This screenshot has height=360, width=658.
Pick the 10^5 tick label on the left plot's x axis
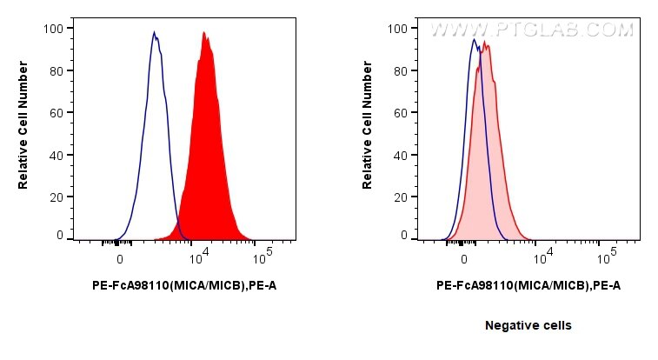pyautogui.click(x=263, y=257)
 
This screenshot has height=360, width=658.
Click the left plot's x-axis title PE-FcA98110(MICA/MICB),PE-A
pyautogui.click(x=184, y=284)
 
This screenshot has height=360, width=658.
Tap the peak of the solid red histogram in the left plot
pyautogui.click(x=203, y=33)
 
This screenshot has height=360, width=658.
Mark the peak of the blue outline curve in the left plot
pyautogui.click(x=154, y=33)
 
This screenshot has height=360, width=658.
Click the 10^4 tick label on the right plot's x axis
pyautogui.click(x=542, y=257)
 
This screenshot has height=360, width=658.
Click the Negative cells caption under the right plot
pyautogui.click(x=528, y=325)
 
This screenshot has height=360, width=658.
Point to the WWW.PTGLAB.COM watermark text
pyautogui.click(x=532, y=30)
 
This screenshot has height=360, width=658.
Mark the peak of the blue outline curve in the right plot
pyautogui.click(x=474, y=39)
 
